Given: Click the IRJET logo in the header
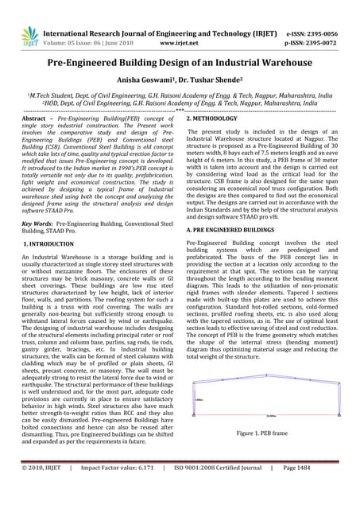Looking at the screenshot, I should point(30,33).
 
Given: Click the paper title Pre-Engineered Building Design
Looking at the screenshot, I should point(180,64).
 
